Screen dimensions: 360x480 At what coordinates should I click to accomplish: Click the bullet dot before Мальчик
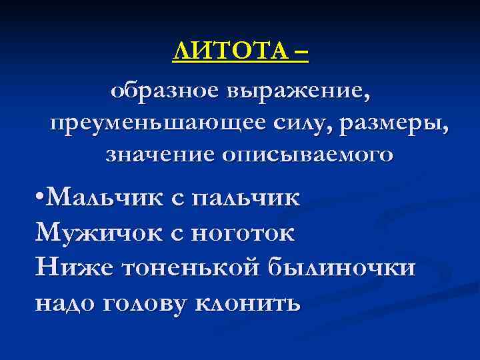tap(41, 198)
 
